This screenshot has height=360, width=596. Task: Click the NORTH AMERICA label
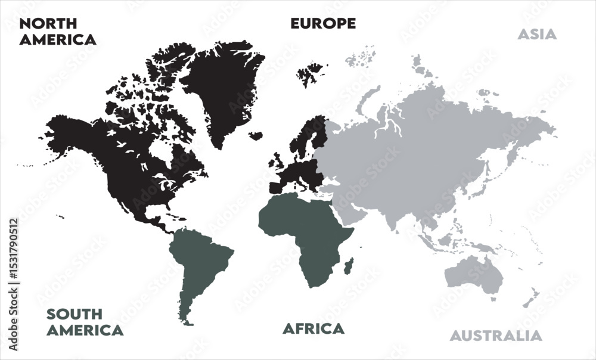58,32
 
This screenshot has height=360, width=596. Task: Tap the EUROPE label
323,23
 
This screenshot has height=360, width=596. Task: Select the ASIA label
536,34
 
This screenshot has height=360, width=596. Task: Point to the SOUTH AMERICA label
85,322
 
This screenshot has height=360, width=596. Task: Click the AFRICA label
313,328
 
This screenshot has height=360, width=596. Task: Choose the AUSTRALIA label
496,336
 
